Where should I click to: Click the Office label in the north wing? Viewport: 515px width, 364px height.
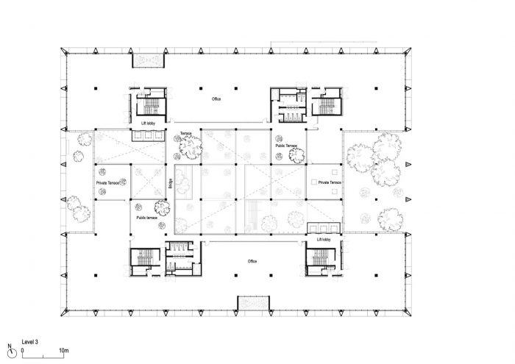[x=216, y=99]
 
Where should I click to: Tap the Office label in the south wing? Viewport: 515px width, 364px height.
[x=252, y=261]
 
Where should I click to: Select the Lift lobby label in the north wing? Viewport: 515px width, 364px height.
[x=149, y=123]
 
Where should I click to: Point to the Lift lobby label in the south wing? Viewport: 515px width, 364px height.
[x=324, y=239]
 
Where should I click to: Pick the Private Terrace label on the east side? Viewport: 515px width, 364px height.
[x=326, y=182]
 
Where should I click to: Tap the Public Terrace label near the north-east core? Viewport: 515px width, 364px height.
[x=285, y=146]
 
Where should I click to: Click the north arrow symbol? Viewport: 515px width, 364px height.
[x=9, y=349]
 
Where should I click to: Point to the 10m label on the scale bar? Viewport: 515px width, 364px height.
[x=64, y=349]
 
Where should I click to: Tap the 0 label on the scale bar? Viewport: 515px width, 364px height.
[x=22, y=349]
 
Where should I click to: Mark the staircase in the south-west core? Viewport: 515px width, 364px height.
[x=141, y=260]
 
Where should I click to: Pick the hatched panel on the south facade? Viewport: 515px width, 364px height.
[x=252, y=302]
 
